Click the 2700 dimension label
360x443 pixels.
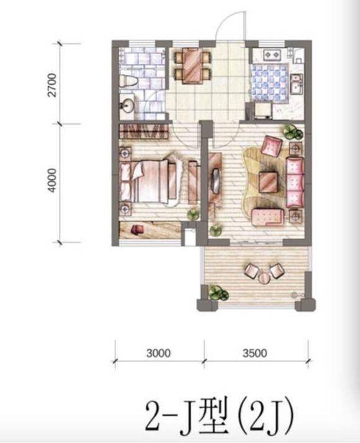(52, 85)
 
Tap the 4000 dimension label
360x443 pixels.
(52, 181)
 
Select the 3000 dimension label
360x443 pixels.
(158, 353)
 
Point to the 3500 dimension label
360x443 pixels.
(254, 353)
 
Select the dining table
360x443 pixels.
(192, 66)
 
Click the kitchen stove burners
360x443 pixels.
(272, 55)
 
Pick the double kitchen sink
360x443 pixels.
(297, 84)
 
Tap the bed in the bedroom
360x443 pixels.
(149, 181)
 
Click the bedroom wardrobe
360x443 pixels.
(143, 132)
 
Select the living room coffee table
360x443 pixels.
(268, 181)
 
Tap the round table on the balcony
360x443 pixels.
(264, 278)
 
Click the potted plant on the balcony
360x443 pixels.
(218, 293)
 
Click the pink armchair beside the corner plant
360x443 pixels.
(272, 145)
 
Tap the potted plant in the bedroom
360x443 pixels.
(194, 215)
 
